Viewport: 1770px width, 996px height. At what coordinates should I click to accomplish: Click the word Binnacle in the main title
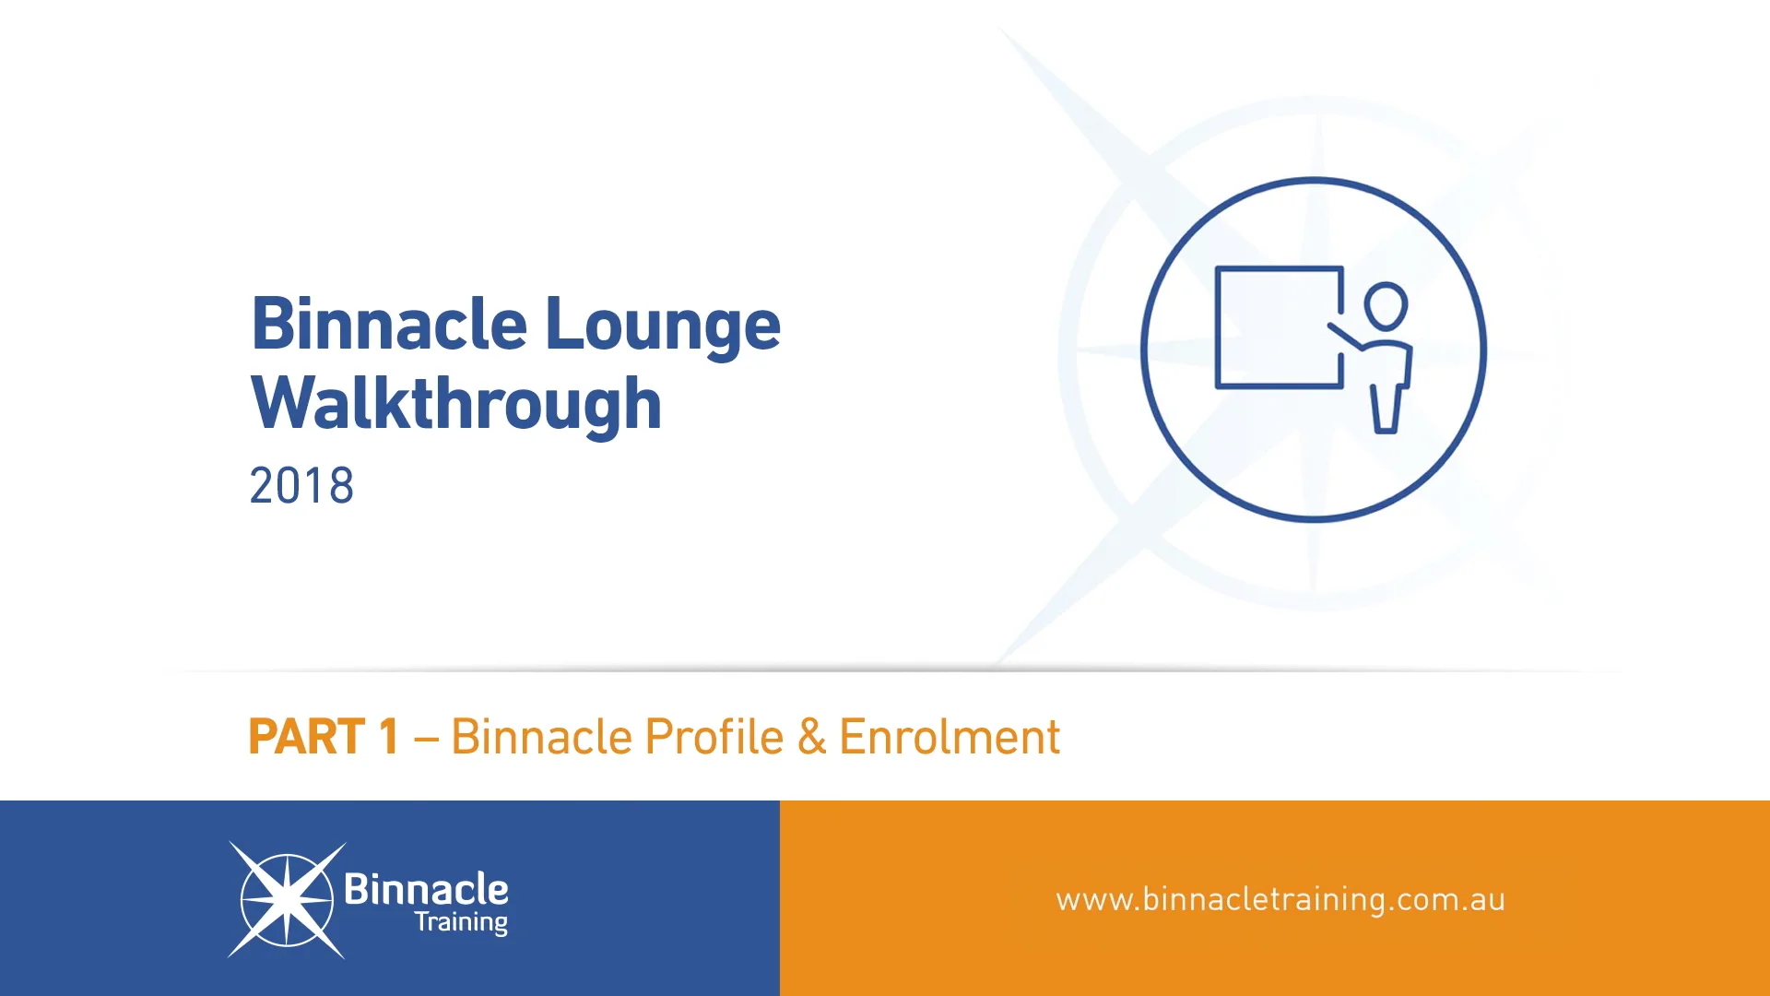[x=389, y=325]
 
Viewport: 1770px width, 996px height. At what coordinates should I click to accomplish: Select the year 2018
[x=301, y=486]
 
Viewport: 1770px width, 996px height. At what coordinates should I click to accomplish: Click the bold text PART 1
[x=324, y=737]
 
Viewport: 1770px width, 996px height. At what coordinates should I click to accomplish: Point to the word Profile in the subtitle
[x=714, y=737]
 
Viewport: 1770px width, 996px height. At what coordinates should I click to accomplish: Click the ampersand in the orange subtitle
[x=811, y=737]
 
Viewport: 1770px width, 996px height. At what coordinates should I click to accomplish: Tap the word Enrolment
[x=950, y=737]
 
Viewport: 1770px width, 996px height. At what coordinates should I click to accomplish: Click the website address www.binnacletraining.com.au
[x=1280, y=899]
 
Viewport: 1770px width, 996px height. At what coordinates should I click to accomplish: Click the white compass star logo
[x=287, y=900]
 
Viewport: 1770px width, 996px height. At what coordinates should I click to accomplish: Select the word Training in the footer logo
[x=461, y=922]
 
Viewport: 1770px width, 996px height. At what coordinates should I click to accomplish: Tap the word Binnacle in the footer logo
[x=426, y=889]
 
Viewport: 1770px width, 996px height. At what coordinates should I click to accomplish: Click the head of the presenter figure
[x=1386, y=306]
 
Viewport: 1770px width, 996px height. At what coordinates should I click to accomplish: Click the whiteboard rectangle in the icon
[x=1279, y=327]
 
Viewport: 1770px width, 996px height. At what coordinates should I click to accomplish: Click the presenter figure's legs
[x=1386, y=409]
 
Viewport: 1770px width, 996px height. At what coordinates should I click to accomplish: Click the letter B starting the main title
[x=272, y=325]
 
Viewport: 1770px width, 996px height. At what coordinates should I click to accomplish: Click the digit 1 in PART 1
[x=388, y=737]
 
